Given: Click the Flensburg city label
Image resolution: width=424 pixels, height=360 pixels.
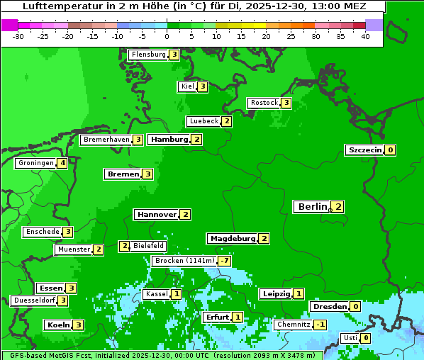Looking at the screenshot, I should pyautogui.click(x=147, y=55).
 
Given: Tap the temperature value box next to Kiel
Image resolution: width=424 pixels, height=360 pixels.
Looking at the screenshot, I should pyautogui.click(x=202, y=86).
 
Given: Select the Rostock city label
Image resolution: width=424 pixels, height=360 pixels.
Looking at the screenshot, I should pyautogui.click(x=264, y=103).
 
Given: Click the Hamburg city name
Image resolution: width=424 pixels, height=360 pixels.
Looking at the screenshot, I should pyautogui.click(x=169, y=140).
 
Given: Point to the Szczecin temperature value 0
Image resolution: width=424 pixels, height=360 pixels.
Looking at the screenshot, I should pyautogui.click(x=390, y=150).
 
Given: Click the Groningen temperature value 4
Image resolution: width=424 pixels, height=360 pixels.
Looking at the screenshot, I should pyautogui.click(x=62, y=163).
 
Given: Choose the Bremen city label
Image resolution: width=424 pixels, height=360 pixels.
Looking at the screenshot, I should pyautogui.click(x=122, y=174).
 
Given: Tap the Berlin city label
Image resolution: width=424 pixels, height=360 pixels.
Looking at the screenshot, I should pyautogui.click(x=312, y=207).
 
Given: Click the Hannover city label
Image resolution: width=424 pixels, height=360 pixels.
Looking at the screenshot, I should pyautogui.click(x=156, y=214).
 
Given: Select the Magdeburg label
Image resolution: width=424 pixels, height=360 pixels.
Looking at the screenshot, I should pyautogui.click(x=232, y=239).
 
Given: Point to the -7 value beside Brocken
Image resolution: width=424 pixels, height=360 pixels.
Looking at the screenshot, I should pyautogui.click(x=224, y=261).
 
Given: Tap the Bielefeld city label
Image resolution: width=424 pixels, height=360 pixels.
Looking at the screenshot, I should pyautogui.click(x=149, y=246).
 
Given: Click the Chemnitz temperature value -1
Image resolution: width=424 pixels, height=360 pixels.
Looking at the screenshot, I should pyautogui.click(x=320, y=325).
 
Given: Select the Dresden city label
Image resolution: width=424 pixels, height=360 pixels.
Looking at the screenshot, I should pyautogui.click(x=329, y=307).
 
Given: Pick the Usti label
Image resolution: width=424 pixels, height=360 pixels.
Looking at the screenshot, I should pyautogui.click(x=350, y=338).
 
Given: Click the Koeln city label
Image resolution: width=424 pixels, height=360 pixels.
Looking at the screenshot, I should pyautogui.click(x=57, y=325).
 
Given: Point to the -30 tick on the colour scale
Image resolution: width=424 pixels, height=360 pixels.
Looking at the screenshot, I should pyautogui.click(x=18, y=36).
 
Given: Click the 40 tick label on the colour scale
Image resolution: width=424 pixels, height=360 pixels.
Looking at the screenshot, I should pyautogui.click(x=365, y=36).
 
